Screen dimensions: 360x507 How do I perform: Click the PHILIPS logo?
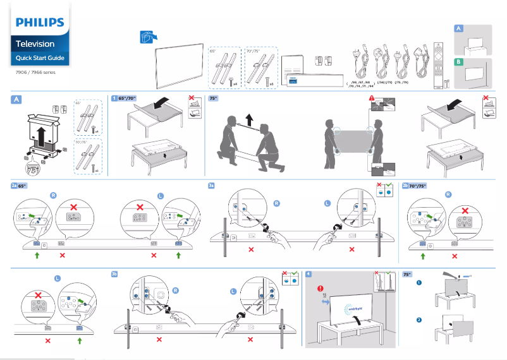tap(40, 23)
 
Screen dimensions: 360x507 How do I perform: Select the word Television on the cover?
tap(35, 44)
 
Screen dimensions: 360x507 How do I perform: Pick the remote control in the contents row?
tap(436, 63)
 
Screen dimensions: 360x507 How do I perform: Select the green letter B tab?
tap(458, 62)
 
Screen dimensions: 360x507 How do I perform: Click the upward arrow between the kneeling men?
tap(248, 119)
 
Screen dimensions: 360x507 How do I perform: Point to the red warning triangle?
tap(372, 99)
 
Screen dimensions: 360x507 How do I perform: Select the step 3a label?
tap(212, 186)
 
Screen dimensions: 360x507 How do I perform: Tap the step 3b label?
tap(114, 273)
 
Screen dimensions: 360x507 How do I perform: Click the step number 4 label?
tap(308, 273)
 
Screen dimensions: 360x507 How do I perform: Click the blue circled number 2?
tap(418, 320)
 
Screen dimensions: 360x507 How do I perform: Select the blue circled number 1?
tap(418, 282)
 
